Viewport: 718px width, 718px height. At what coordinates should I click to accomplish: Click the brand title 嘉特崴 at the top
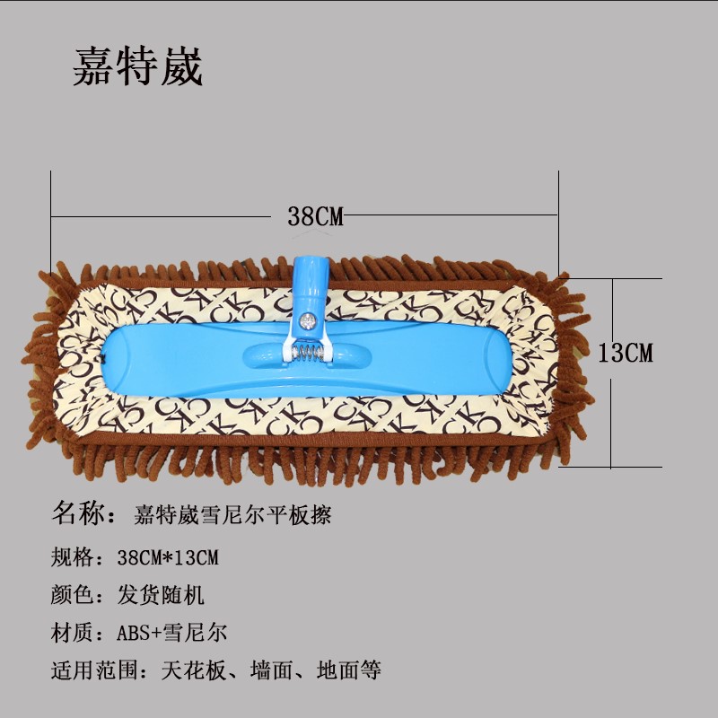click(138, 66)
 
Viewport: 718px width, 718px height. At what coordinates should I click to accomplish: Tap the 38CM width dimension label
click(316, 216)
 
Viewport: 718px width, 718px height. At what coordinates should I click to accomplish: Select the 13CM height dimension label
click(626, 352)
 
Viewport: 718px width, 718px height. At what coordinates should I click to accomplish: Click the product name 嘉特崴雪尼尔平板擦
click(234, 515)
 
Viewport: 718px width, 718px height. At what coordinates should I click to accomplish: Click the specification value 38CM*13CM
click(168, 557)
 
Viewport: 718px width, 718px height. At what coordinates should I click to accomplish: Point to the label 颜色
click(73, 594)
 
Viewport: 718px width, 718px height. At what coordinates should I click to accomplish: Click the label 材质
click(73, 632)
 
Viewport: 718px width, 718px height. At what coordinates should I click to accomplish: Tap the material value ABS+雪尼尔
click(171, 632)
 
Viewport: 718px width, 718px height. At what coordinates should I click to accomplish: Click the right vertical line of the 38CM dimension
click(558, 215)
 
